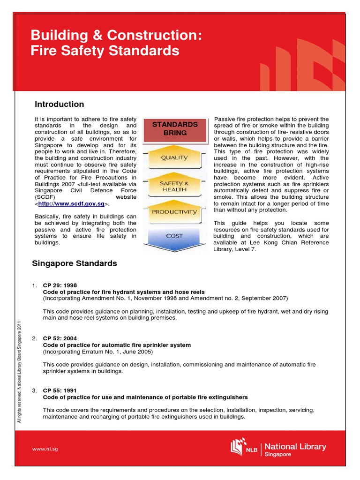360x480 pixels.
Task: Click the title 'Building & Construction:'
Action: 116,35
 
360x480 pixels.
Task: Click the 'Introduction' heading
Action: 60,104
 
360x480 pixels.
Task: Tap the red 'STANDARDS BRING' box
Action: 174,128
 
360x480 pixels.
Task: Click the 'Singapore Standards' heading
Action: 74,263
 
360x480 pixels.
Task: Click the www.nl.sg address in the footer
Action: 45,449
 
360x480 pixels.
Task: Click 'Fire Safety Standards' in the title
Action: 105,51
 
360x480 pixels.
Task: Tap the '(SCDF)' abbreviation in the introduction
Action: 45,197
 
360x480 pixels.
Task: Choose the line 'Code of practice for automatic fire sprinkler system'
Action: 117,345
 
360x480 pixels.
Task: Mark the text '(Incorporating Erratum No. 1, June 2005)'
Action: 98,352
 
